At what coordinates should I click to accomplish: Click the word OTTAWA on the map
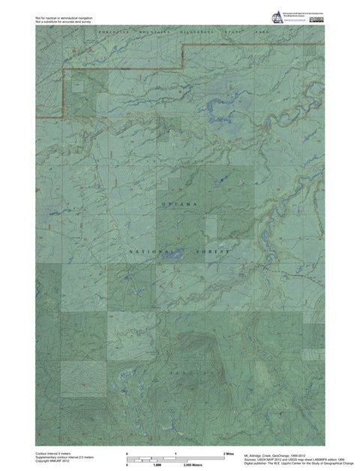click(179, 204)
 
